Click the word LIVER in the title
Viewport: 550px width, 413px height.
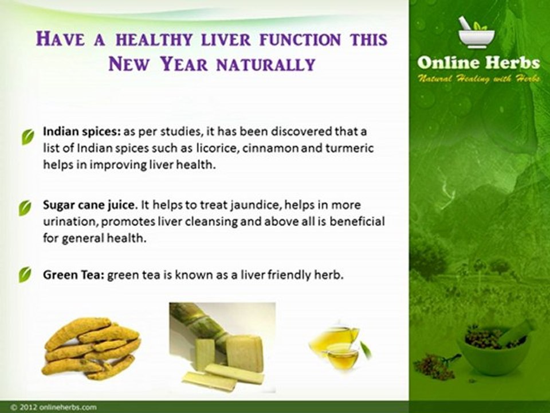226,40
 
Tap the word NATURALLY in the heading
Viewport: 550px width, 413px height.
266,64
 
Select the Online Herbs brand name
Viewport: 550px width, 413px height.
478,63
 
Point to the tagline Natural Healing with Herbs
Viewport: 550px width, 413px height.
478,79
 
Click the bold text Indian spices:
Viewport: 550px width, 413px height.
82,132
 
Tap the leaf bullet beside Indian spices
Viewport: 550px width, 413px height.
27,137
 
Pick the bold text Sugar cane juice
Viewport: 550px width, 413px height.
88,205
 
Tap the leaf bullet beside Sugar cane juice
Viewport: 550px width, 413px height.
25,208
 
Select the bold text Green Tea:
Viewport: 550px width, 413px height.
74,275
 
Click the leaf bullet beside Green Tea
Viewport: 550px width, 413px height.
25,275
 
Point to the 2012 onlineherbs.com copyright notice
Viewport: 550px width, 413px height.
53,407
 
